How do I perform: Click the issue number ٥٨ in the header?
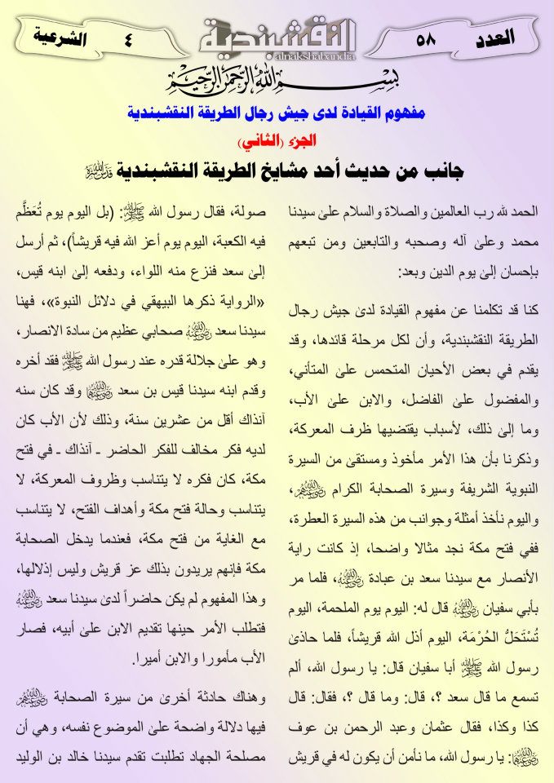click(426, 38)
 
